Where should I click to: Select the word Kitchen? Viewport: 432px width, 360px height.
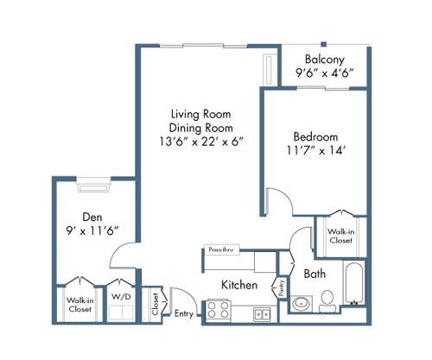tap(238, 284)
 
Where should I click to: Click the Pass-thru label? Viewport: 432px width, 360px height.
tap(221, 250)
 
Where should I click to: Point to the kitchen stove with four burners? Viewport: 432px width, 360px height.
tap(218, 309)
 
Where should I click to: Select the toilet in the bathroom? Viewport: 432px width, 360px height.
tap(327, 301)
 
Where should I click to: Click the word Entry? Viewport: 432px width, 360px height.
tap(185, 313)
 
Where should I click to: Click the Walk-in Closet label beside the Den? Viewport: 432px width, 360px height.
tap(79, 305)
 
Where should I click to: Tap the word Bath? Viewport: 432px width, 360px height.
tap(314, 275)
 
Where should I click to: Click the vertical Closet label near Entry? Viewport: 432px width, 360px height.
tap(156, 305)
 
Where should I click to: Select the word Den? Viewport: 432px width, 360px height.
tap(92, 216)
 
